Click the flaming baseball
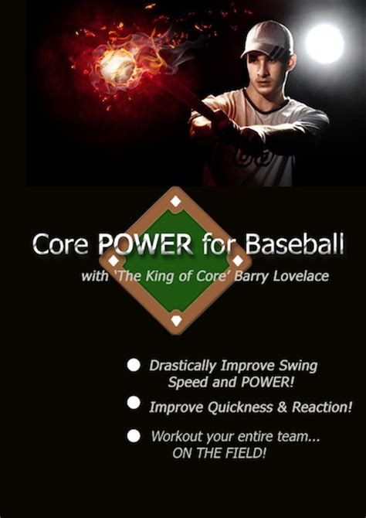coord(117,66)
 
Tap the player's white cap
coord(268,39)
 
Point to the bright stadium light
coord(325,43)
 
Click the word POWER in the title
coord(146,245)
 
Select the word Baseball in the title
coord(294,244)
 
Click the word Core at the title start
coord(60,245)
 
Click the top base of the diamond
coord(175,201)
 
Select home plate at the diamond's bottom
coord(177,320)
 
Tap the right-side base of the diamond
coord(238,261)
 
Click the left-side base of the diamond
coord(114,261)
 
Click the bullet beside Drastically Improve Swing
coord(134,366)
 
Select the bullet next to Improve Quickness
coord(134,403)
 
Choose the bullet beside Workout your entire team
coord(134,436)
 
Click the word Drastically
coord(183,366)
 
